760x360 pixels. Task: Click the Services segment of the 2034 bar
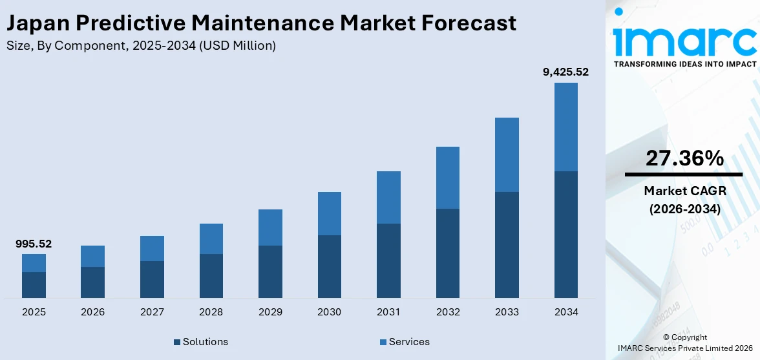[565, 127]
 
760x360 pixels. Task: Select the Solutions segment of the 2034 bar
[565, 234]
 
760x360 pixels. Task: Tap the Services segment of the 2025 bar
[34, 263]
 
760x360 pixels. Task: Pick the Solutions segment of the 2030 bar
[329, 266]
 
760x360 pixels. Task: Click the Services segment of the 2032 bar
[447, 178]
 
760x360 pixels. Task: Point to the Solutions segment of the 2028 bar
[211, 275]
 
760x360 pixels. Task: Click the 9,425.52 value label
[565, 72]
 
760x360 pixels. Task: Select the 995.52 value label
[34, 244]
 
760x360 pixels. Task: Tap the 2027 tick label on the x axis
[152, 312]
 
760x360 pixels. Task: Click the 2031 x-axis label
[388, 312]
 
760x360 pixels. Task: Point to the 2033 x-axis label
[507, 312]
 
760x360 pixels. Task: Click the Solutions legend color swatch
[177, 342]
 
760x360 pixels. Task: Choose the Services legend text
[409, 342]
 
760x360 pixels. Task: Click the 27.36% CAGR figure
[684, 158]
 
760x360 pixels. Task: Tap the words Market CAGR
[684, 191]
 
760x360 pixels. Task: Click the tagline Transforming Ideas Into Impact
[684, 64]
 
